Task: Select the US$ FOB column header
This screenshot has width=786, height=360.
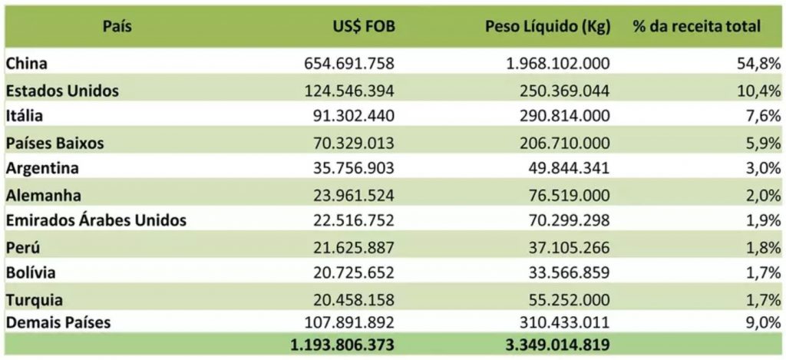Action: [360, 26]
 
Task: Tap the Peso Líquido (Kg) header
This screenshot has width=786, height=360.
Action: [547, 26]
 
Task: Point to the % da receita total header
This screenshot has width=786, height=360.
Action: [697, 26]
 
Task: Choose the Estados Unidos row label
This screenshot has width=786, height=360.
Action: [62, 91]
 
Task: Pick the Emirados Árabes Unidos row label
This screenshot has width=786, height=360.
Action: [96, 220]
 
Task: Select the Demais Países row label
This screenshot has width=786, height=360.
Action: [58, 322]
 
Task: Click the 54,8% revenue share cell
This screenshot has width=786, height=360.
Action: [761, 64]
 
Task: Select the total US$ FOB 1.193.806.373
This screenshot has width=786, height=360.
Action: [342, 345]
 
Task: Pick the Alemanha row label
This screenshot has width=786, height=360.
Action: [43, 195]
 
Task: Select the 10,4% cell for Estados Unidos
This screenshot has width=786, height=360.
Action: [761, 91]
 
